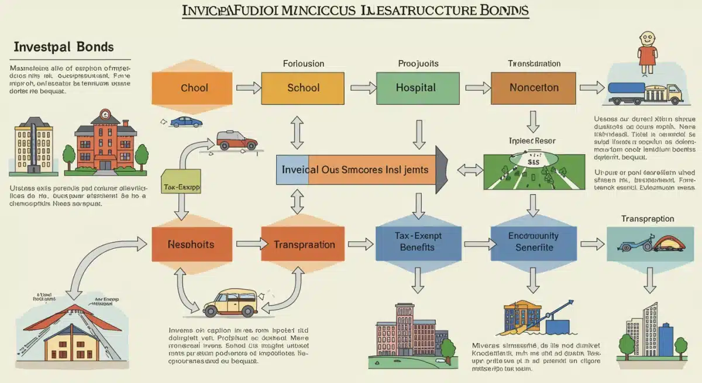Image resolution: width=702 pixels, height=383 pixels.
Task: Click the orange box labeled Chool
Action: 194,88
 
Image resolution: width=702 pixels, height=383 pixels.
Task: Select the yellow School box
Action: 303,88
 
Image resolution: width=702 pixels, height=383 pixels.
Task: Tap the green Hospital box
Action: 415,88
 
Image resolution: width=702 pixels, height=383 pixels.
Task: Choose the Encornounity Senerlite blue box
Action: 533,241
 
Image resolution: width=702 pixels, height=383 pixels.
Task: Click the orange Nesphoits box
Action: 191,244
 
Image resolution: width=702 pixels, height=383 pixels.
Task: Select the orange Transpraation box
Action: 304,244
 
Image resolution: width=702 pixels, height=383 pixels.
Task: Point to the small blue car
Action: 185,122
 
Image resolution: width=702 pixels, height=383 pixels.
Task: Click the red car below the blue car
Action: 236,140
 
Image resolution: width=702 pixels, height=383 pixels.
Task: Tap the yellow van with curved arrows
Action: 230,303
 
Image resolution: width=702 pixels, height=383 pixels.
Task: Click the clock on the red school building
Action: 105,115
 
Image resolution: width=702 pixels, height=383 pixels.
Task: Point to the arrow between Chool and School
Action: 248,88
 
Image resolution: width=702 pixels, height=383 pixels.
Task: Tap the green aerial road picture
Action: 534,171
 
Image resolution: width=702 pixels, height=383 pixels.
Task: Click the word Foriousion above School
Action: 303,63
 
